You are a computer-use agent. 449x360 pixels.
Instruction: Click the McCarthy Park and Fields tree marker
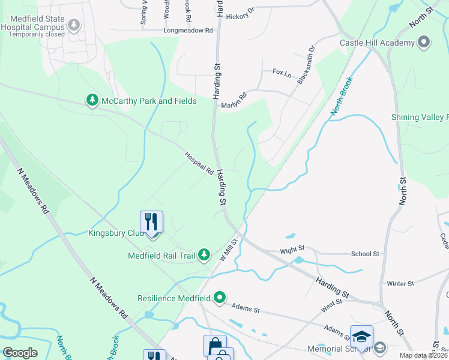point(92,100)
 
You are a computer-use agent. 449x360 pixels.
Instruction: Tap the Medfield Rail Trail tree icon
point(204,255)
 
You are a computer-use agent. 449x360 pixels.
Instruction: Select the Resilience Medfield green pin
point(220,297)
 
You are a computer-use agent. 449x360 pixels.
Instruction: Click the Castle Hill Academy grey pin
point(424,42)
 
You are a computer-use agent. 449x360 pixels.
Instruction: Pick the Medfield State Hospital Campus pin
point(74,25)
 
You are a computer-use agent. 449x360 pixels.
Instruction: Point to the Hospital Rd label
point(199,163)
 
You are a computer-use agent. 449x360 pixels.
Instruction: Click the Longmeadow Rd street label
point(188,30)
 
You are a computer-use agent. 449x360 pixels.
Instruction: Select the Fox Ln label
point(282,73)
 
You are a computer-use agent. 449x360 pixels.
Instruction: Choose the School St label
point(365,254)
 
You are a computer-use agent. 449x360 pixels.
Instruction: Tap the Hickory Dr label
point(241,17)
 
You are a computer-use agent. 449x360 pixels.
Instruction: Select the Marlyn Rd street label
point(234,100)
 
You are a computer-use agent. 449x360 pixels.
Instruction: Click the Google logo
point(20,352)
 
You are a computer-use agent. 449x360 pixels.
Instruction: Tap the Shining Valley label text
point(420,117)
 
